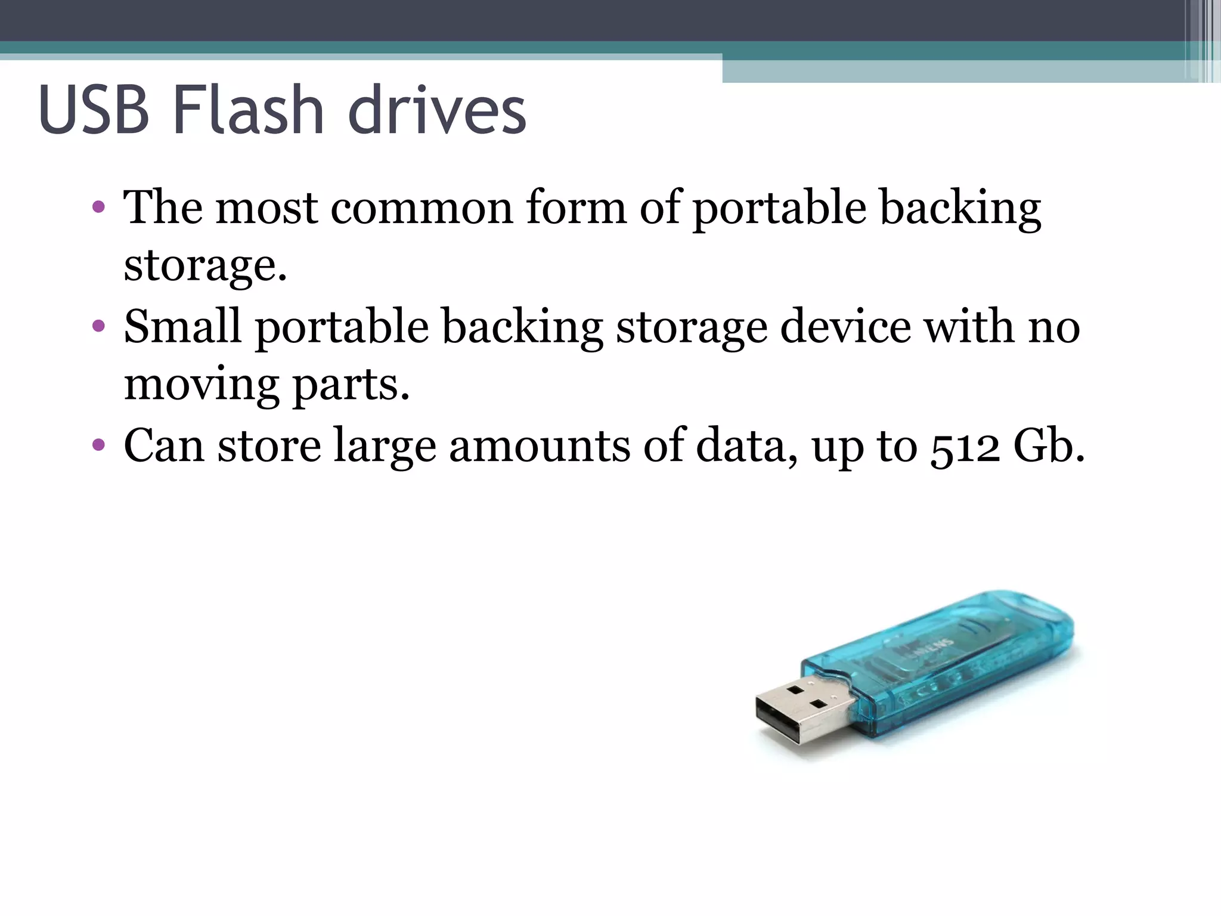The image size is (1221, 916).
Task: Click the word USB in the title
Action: pyautogui.click(x=94, y=110)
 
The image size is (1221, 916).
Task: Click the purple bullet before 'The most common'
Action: pyautogui.click(x=99, y=208)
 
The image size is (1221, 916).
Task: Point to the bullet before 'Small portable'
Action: pyautogui.click(x=99, y=326)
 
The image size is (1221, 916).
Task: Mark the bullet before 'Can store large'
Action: pyautogui.click(x=99, y=445)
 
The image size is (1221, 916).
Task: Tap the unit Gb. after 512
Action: pyautogui.click(x=1049, y=446)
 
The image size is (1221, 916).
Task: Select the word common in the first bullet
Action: pyautogui.click(x=422, y=208)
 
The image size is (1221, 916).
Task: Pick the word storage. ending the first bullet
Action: pyautogui.click(x=206, y=265)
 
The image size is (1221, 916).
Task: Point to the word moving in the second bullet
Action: pyautogui.click(x=202, y=385)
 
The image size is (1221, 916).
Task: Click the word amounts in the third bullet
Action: pyautogui.click(x=539, y=446)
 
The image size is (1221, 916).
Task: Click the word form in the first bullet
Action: pyautogui.click(x=576, y=208)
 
